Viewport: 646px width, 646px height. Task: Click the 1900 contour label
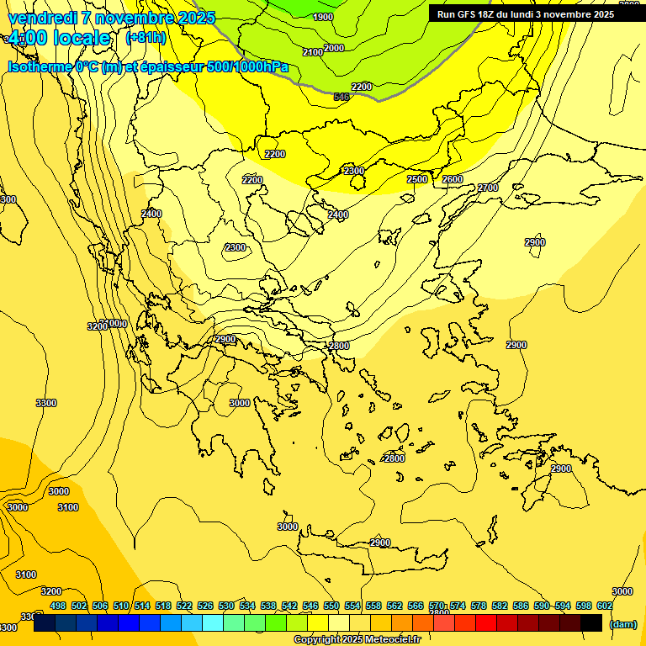(322, 17)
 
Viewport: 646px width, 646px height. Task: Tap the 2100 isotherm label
(313, 52)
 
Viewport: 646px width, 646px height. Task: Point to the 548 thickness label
(342, 97)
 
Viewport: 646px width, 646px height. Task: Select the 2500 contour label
(417, 179)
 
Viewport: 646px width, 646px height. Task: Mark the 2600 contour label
(453, 179)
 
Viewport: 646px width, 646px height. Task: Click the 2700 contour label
(488, 188)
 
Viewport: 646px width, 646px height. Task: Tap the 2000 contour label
(334, 48)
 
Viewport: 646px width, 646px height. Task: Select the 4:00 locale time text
(59, 38)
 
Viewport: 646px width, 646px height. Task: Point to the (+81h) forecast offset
(146, 38)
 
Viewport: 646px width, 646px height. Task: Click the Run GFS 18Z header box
(526, 14)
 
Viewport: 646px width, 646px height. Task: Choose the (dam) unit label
(623, 624)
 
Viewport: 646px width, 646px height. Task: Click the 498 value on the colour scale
(58, 606)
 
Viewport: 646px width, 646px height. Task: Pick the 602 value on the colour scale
(605, 606)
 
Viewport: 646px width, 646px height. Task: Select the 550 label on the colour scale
(331, 606)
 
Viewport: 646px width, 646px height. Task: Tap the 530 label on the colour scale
(226, 606)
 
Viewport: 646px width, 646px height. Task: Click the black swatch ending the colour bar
(591, 623)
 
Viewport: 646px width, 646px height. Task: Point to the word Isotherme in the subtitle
(39, 66)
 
